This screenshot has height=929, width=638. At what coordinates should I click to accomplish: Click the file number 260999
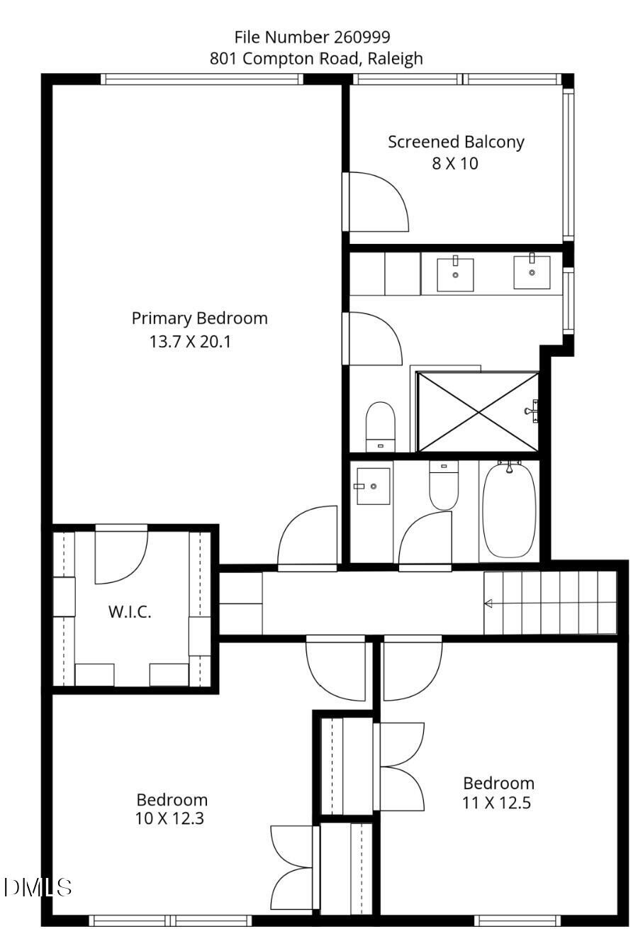(x=362, y=38)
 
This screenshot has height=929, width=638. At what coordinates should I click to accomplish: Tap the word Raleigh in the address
(x=395, y=58)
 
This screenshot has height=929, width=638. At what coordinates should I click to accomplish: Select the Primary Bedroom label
(x=199, y=319)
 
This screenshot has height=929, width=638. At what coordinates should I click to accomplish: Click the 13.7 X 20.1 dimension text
(x=190, y=342)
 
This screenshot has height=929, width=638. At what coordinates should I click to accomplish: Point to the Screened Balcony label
(x=456, y=143)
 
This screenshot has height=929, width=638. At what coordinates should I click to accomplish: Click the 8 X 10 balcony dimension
(x=455, y=163)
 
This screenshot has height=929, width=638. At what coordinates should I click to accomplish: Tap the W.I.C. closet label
(x=130, y=612)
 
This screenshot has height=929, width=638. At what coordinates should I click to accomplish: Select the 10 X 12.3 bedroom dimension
(x=169, y=818)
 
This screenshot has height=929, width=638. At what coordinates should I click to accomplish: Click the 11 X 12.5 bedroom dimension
(x=497, y=803)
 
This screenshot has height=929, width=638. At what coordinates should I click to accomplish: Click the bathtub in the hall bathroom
(x=509, y=509)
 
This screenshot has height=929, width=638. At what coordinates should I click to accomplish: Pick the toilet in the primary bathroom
(x=380, y=427)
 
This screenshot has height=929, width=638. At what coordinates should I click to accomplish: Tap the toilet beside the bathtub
(x=444, y=485)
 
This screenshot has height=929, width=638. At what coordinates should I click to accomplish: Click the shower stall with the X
(x=478, y=412)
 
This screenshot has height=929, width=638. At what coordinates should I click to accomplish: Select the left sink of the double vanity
(x=455, y=274)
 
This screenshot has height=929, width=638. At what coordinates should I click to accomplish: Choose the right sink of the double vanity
(x=532, y=272)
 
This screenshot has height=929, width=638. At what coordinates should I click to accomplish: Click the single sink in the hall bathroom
(x=373, y=486)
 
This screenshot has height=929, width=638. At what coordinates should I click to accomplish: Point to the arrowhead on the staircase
(x=488, y=603)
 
